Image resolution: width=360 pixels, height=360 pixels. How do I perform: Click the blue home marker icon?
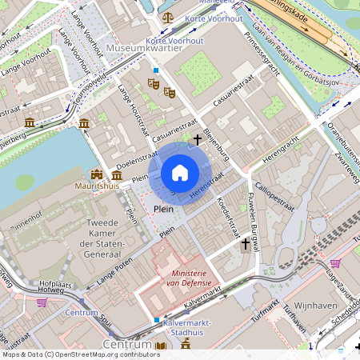click(x=180, y=173)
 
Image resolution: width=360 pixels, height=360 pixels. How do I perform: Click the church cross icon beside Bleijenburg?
click(x=197, y=139)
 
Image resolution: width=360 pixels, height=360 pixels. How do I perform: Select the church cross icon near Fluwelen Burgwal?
click(x=245, y=245)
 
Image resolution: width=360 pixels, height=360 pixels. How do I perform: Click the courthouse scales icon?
click(x=167, y=16)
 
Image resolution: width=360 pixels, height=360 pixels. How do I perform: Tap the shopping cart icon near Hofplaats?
click(x=41, y=303)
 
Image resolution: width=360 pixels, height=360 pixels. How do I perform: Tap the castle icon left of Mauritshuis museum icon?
click(x=98, y=174)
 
